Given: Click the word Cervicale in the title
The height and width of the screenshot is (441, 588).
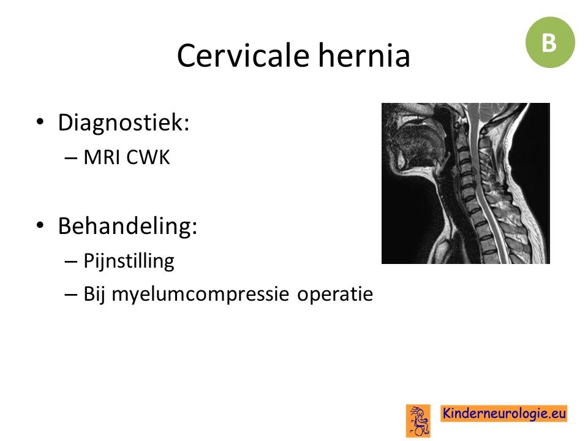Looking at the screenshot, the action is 243,56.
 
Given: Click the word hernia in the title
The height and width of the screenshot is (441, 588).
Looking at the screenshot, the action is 364,56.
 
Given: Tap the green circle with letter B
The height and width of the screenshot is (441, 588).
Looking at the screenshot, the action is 550,42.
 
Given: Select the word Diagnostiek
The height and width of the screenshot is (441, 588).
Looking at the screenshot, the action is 123,123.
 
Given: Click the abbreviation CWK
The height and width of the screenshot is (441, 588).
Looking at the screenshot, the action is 148,157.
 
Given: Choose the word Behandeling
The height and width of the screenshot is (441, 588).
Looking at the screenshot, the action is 127,226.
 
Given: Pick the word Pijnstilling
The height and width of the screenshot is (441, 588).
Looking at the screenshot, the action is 129,262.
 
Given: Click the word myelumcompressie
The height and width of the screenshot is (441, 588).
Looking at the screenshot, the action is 200,295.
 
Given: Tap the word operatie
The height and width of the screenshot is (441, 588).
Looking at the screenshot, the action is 335,295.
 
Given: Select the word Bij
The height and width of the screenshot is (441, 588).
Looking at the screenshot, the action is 94,295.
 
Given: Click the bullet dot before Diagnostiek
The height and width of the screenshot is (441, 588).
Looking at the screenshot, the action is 40,122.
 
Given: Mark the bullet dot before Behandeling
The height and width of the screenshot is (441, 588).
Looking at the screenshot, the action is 40,225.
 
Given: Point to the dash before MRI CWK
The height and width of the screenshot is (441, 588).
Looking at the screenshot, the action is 70,158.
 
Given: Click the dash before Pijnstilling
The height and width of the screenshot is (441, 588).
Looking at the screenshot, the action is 70,262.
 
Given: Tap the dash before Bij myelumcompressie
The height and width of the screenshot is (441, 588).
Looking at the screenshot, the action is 70,295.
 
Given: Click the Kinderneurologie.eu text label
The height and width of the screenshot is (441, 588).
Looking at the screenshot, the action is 503,413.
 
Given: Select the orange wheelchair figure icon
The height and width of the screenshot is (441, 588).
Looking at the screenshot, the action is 418,421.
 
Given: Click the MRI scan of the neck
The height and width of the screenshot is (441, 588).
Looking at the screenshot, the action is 466,183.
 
